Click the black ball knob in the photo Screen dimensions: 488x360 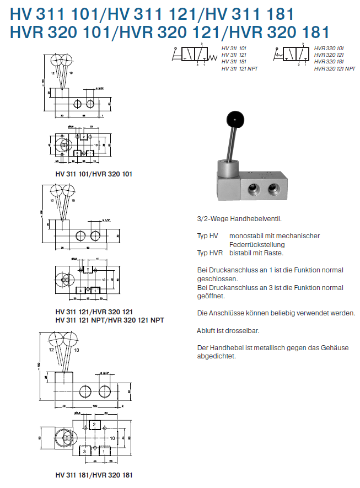(235, 117)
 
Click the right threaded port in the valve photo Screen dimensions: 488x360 (273, 190)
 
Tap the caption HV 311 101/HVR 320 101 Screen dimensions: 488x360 (94, 174)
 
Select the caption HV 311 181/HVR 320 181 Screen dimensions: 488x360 (94, 475)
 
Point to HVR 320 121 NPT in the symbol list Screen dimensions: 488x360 (334, 68)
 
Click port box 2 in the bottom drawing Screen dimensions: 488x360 (94, 425)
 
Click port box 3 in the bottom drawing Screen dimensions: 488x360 (84, 451)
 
